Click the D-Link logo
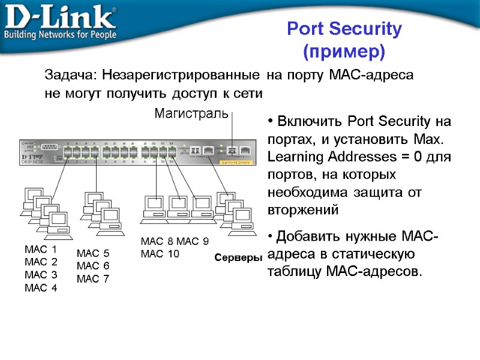(x=60, y=17)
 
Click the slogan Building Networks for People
(x=60, y=35)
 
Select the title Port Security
(x=344, y=29)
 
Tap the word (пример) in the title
(x=344, y=52)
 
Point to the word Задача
(x=71, y=76)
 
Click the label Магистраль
(x=191, y=113)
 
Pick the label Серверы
(x=238, y=257)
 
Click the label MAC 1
(x=41, y=249)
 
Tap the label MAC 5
(x=93, y=253)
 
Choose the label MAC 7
(x=93, y=278)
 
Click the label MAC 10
(x=160, y=254)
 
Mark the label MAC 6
(x=93, y=266)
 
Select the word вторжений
(x=303, y=211)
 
